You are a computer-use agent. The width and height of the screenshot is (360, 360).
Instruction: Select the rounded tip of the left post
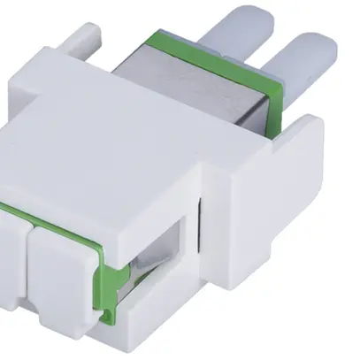[x=246, y=14]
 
